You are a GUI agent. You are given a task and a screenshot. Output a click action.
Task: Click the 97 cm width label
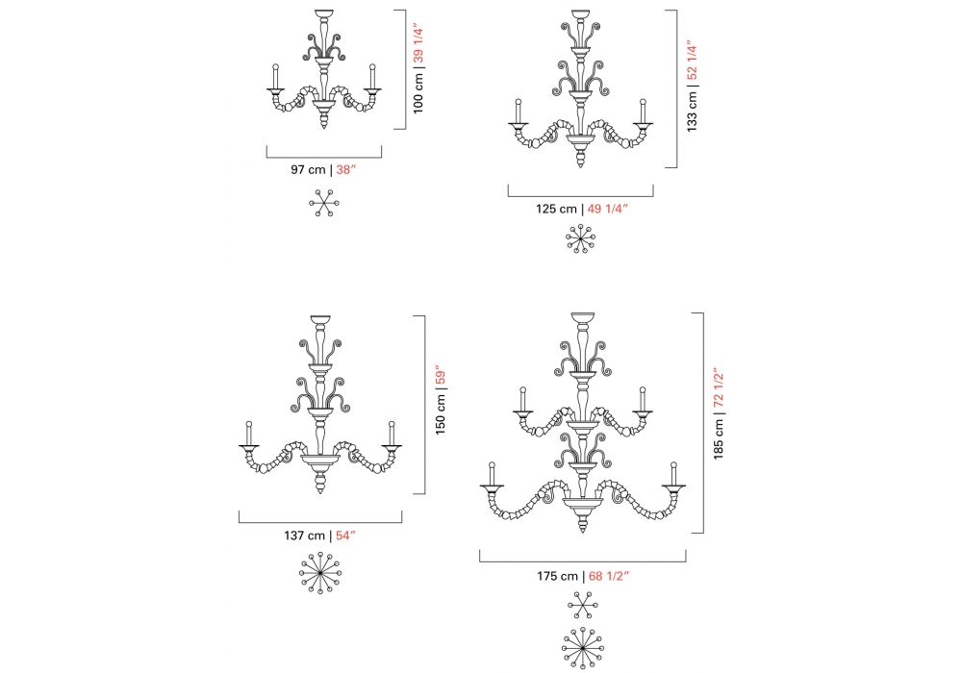tap(308, 170)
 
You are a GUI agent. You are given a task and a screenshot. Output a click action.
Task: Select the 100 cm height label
tap(418, 93)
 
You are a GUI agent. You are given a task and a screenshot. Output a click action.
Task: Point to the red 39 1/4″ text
tap(418, 44)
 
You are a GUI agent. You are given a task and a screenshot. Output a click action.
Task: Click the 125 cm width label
tap(556, 209)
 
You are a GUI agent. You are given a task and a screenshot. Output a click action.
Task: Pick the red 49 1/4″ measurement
tap(608, 209)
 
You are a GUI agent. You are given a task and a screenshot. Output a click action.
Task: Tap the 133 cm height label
tap(692, 112)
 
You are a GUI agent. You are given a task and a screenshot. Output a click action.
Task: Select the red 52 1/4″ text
tap(692, 61)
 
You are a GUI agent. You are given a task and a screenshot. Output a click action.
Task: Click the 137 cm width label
tap(304, 536)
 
